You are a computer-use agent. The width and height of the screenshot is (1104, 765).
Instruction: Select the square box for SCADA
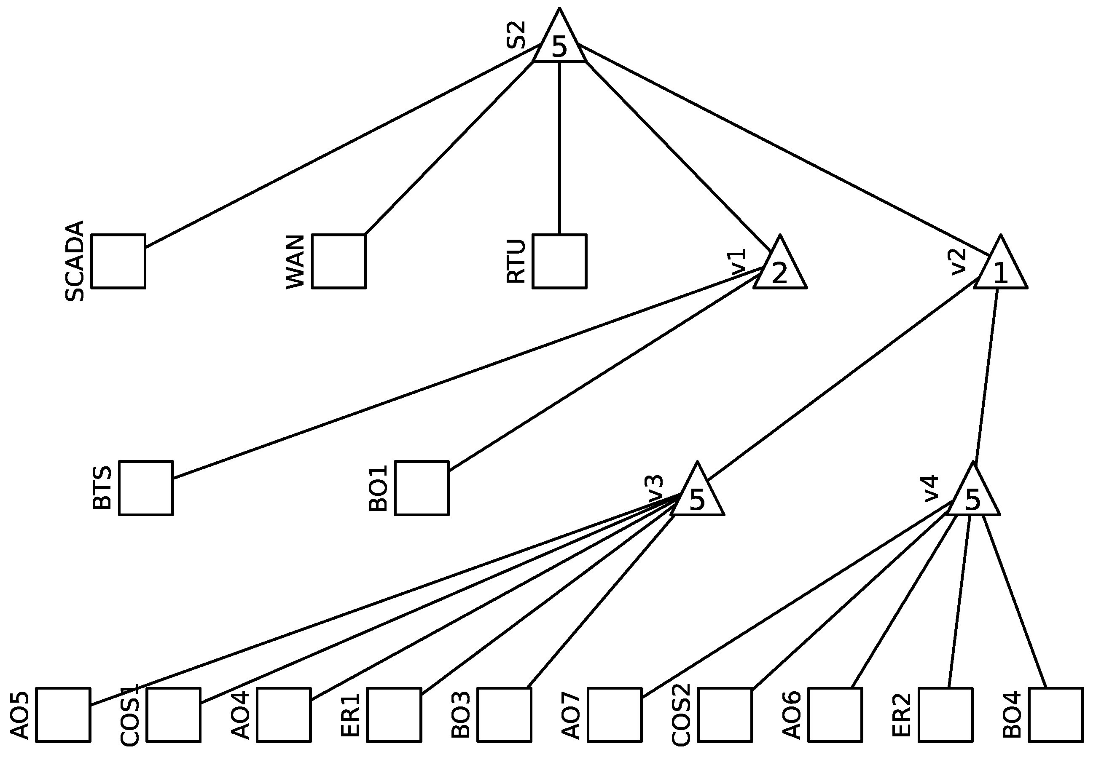pos(118,261)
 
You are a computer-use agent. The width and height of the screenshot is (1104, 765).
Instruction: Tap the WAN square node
pos(338,261)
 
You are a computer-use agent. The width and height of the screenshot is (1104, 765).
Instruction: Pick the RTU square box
pos(559,261)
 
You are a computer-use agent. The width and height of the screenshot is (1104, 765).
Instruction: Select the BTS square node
pos(146,488)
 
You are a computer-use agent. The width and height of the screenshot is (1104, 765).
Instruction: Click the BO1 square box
pos(422,488)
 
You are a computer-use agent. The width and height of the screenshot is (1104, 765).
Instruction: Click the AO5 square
pos(63,715)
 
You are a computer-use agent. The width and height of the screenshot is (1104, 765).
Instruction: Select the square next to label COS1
pos(174,715)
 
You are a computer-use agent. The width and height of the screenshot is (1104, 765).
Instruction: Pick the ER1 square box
pos(394,715)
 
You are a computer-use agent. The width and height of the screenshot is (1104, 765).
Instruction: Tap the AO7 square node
pos(615,715)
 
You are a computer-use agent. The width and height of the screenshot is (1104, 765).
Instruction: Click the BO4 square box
pos(1056,715)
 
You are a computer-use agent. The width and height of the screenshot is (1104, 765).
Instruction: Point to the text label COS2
pos(681,715)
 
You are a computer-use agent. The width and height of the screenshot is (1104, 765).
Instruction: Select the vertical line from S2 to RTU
pos(559,149)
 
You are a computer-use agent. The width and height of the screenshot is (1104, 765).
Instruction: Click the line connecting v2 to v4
pos(986,379)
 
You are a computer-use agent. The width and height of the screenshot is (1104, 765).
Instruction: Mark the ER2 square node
pos(946,715)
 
